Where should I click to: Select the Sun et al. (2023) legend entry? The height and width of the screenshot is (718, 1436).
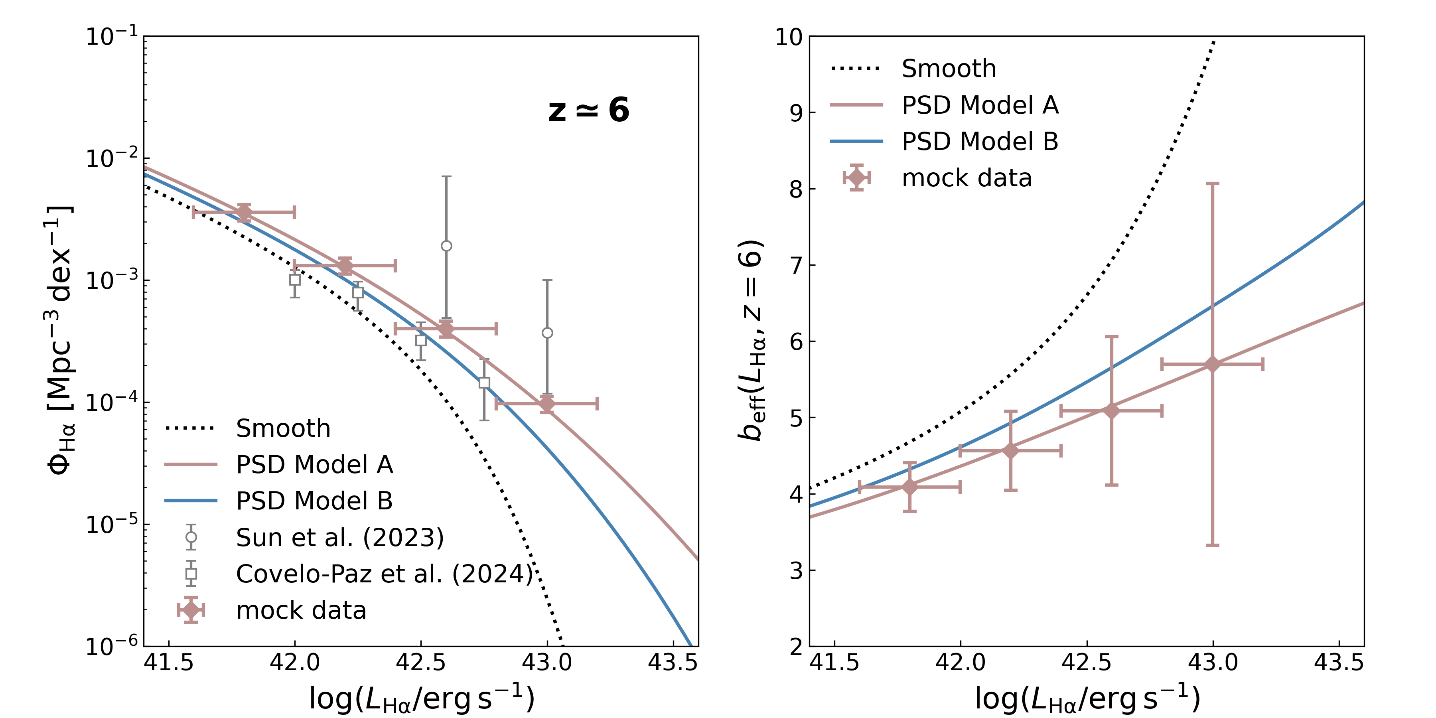(339, 537)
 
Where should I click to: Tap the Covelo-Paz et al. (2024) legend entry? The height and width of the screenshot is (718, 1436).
(385, 574)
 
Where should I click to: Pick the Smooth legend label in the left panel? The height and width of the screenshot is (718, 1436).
(283, 428)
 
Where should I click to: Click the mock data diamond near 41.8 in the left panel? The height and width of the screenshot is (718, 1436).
(244, 212)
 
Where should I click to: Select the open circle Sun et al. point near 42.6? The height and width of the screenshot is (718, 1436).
(446, 246)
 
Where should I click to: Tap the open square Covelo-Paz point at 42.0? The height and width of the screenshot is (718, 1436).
(295, 280)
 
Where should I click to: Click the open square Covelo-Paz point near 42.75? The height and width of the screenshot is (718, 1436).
(484, 383)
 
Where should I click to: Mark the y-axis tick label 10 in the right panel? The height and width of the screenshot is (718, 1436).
(788, 38)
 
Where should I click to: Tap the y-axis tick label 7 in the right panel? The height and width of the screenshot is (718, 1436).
(796, 265)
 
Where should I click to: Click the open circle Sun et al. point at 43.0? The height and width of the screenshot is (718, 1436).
(547, 333)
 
